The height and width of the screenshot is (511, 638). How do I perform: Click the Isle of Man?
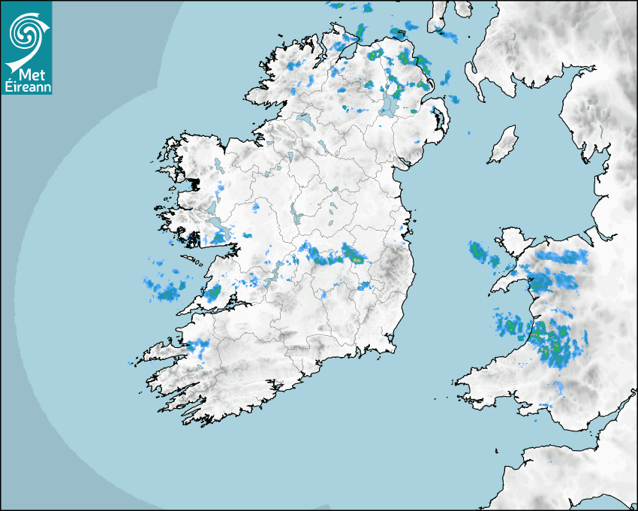(x=502, y=145)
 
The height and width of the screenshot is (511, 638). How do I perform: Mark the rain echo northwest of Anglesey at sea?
(x=480, y=252)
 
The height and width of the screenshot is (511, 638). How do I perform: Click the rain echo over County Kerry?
(x=197, y=346)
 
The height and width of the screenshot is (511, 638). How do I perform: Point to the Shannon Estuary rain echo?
(x=213, y=292)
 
